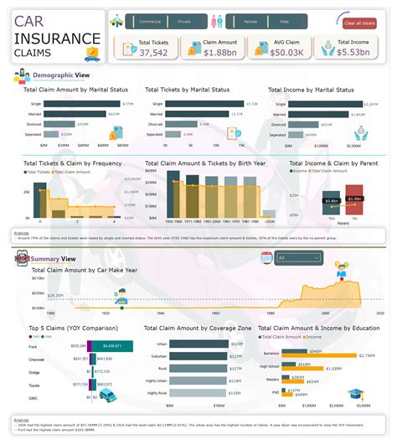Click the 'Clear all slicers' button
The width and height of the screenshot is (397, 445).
coord(360,23)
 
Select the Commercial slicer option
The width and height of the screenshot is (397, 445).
coord(150,22)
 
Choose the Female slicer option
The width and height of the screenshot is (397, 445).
coord(250,22)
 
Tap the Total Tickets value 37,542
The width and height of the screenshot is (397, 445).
coord(154,52)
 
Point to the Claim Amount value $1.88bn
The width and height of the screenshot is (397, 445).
coord(219,52)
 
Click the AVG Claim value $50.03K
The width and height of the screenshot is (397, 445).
coord(286,52)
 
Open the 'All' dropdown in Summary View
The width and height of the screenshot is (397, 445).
coord(304,258)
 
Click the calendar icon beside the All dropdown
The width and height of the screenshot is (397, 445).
coord(266,258)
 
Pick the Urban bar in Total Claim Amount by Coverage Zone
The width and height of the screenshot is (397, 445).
coord(192,344)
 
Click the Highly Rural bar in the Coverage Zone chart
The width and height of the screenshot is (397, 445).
coord(192,392)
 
